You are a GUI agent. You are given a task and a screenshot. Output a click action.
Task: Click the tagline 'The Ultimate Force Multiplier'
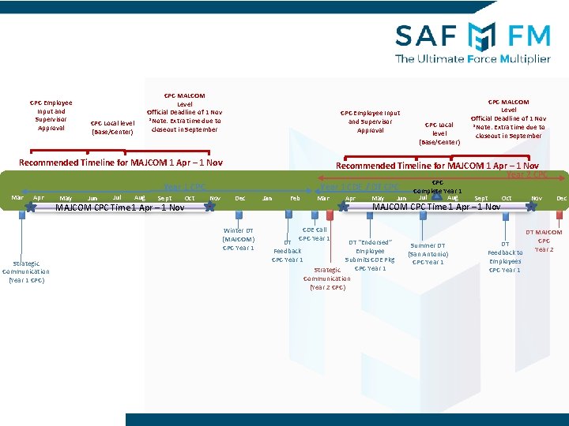(x=473, y=58)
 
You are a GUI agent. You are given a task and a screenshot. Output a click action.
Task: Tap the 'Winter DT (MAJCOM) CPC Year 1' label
(x=238, y=239)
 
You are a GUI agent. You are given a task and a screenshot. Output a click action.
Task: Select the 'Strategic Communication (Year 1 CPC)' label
(x=26, y=271)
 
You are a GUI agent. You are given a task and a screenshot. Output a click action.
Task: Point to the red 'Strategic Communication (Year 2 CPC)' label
(x=326, y=278)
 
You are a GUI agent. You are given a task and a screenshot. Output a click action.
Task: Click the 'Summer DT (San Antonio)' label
(x=428, y=254)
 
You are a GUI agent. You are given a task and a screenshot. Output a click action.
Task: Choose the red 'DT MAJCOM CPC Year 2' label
(x=544, y=241)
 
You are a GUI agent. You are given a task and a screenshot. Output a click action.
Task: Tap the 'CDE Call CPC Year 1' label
(x=314, y=234)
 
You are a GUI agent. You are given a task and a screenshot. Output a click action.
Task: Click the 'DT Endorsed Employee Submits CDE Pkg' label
(x=370, y=255)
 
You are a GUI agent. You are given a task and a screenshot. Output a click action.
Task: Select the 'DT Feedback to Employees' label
(x=505, y=257)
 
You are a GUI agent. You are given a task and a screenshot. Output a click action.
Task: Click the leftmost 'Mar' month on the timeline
(x=17, y=197)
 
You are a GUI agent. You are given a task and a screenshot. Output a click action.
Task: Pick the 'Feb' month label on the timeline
(x=295, y=198)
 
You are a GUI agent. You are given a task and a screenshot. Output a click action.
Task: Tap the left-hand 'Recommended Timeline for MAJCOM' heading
(x=120, y=163)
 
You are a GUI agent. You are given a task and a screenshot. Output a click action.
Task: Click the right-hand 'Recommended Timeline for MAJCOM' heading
(x=437, y=166)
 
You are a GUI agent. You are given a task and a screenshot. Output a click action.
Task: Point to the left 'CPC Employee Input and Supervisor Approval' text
(x=51, y=115)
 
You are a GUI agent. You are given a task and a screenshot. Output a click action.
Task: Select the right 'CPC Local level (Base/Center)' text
(x=439, y=133)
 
